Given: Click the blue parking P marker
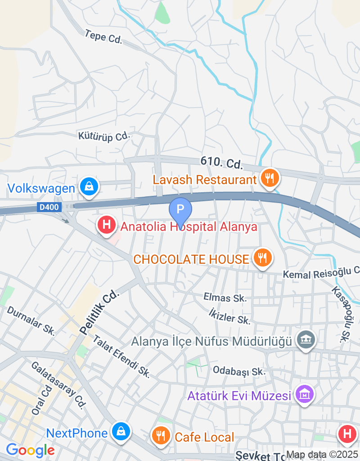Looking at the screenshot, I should pyautogui.click(x=180, y=210).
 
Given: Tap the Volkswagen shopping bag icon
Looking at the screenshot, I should pyautogui.click(x=89, y=186).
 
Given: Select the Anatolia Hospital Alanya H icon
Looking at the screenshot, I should pyautogui.click(x=107, y=225).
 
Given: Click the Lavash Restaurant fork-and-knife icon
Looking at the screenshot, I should pyautogui.click(x=269, y=178).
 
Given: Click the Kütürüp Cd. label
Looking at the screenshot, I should pyautogui.click(x=103, y=136).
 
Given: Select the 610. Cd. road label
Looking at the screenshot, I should pyautogui.click(x=221, y=163).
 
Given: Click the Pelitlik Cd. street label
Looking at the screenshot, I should pyautogui.click(x=100, y=312).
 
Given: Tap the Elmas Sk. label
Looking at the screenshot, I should pyautogui.click(x=225, y=298).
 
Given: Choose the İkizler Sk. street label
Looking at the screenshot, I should pyautogui.click(x=229, y=316).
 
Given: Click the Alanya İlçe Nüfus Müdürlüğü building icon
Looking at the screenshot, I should pyautogui.click(x=306, y=339).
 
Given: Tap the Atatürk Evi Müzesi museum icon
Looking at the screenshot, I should pyautogui.click(x=304, y=395).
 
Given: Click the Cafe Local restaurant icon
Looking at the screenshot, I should pyautogui.click(x=160, y=436).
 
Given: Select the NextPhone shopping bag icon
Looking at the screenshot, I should pyautogui.click(x=121, y=432).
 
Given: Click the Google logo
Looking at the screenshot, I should pyautogui.click(x=30, y=450).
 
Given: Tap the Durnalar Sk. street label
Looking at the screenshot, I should pyautogui.click(x=31, y=321).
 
